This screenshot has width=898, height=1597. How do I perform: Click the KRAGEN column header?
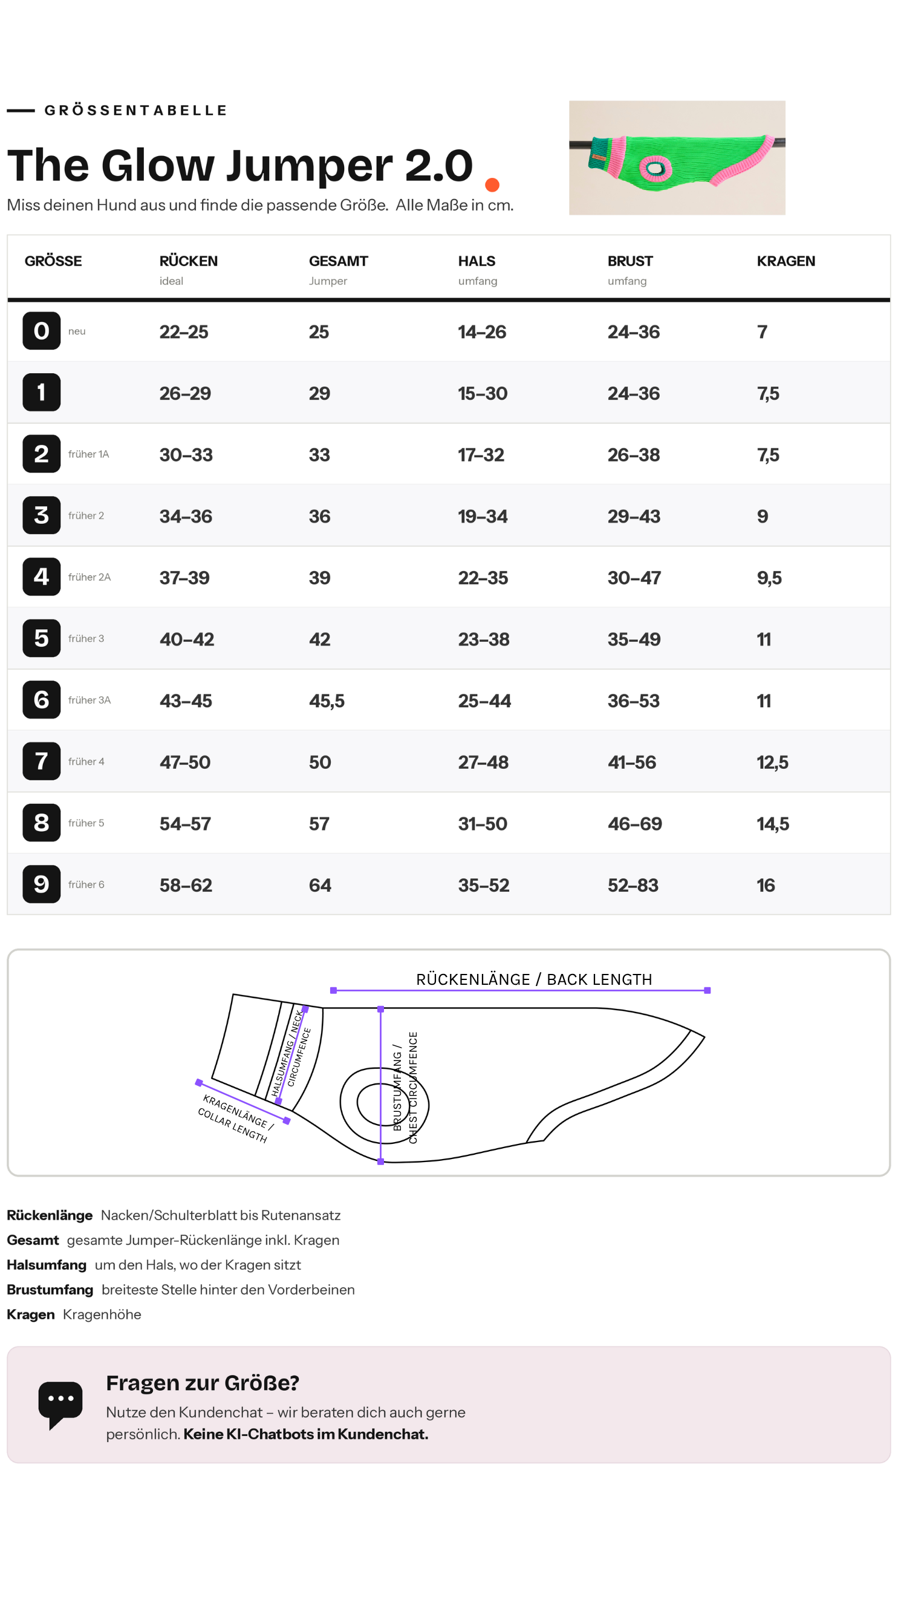(x=785, y=261)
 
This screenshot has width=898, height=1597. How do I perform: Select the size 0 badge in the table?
(x=42, y=330)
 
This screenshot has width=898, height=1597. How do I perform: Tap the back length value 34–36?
(x=186, y=516)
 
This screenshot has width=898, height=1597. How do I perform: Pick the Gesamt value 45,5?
(x=327, y=701)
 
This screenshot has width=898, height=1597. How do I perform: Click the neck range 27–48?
(x=483, y=762)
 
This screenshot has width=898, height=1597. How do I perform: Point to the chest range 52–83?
(x=633, y=884)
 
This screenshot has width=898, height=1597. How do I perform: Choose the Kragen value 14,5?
(x=773, y=823)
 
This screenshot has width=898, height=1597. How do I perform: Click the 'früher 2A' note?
(x=89, y=577)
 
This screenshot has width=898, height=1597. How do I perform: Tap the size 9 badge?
(x=42, y=883)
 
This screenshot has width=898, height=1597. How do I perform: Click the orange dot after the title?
(x=492, y=185)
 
